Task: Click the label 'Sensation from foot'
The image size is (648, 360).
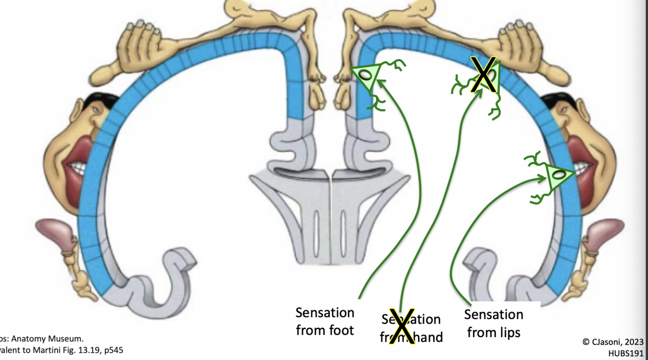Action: click(x=324, y=321)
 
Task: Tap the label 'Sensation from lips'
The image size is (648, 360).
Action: click(x=494, y=323)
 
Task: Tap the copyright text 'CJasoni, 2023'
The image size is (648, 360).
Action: click(x=613, y=342)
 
